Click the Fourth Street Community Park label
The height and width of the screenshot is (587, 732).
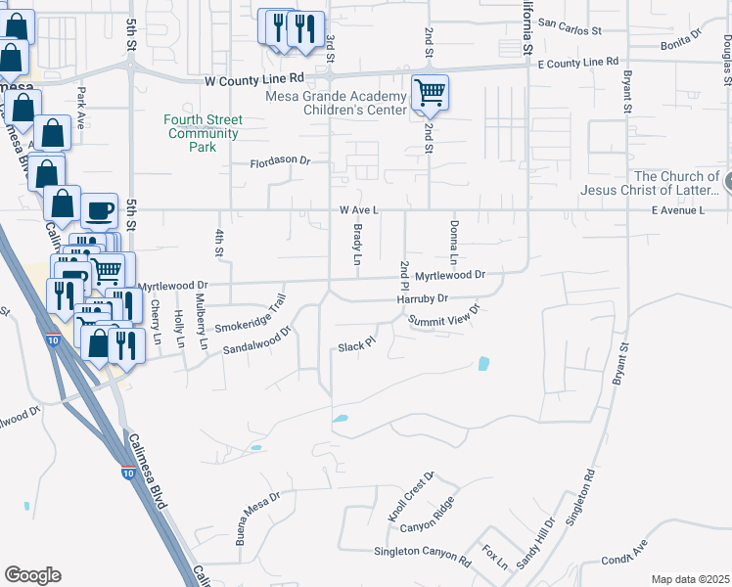pos(203,133)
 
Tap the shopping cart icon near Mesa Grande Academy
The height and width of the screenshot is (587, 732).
pos(430,93)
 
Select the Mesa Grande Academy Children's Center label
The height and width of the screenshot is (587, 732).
pos(348,103)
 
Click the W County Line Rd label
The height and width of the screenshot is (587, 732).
pos(254,78)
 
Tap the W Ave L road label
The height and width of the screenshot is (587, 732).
pos(358,209)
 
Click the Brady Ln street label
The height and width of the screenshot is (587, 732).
pos(357,245)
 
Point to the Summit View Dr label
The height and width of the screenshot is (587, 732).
pos(445,317)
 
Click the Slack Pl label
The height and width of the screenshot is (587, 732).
pos(356,345)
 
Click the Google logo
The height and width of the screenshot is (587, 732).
pos(32,575)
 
